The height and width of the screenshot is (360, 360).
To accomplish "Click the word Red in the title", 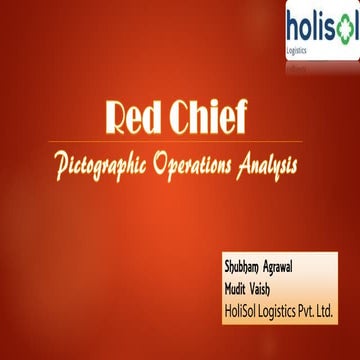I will [134, 118].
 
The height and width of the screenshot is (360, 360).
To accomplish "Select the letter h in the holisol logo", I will [293, 23].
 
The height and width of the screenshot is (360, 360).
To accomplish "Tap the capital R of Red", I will [117, 118].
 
